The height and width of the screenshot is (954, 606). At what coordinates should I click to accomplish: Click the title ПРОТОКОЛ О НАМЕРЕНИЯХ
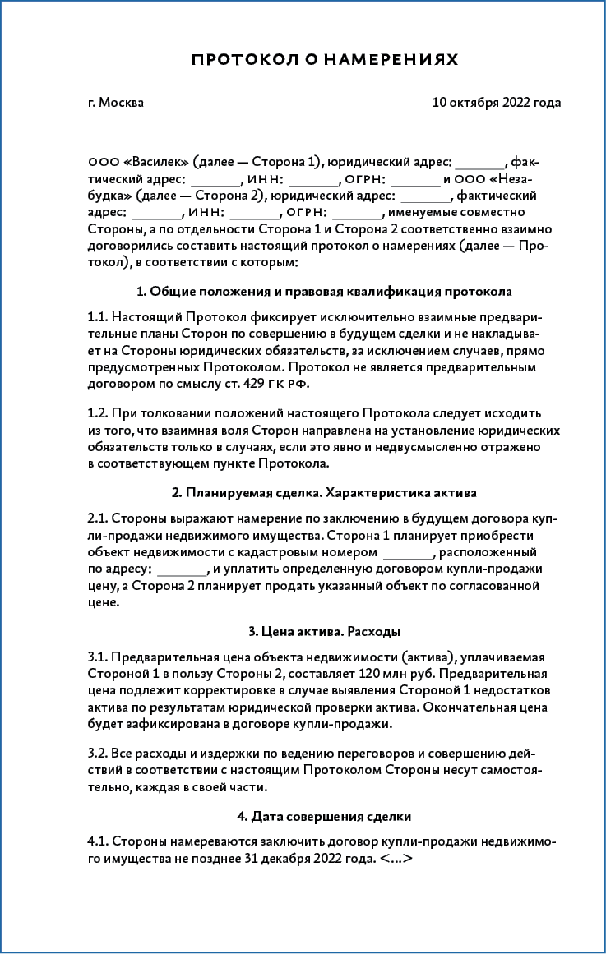[x=324, y=60]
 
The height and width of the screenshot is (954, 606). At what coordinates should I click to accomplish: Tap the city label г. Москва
[x=115, y=103]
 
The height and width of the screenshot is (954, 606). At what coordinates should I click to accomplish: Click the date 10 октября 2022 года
[x=496, y=103]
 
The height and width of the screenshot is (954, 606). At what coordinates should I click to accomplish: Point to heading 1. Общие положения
[x=324, y=292]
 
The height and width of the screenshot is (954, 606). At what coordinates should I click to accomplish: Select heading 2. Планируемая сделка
[x=324, y=493]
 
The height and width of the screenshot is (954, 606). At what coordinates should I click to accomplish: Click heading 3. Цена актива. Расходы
[x=324, y=632]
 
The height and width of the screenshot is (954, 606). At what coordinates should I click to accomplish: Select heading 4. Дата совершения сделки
[x=324, y=817]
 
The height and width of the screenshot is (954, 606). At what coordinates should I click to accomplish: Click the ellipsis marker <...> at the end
[x=396, y=860]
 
